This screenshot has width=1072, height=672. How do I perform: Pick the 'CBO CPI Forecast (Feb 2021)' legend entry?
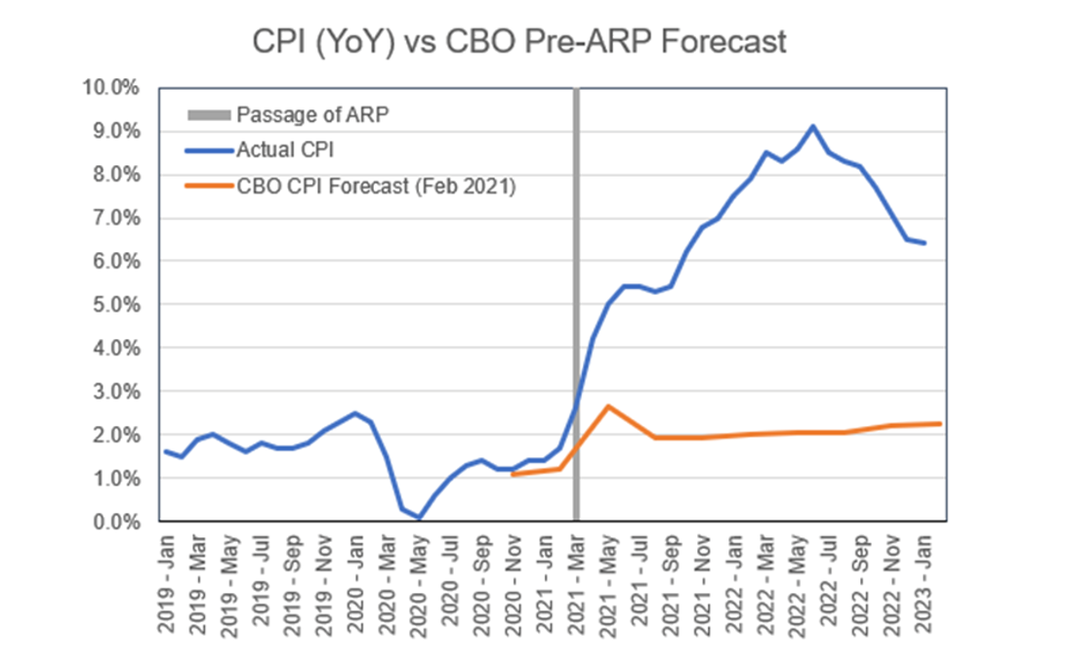pyautogui.click(x=375, y=186)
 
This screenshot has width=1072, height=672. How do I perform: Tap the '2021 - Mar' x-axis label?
pyautogui.click(x=576, y=577)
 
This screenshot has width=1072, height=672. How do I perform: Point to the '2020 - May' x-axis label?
pyautogui.click(x=419, y=577)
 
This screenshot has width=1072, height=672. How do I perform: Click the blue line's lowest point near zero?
pyautogui.click(x=419, y=518)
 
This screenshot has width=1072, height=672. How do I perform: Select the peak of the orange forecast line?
pyautogui.click(x=608, y=406)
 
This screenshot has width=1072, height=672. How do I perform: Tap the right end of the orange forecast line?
pyautogui.click(x=939, y=424)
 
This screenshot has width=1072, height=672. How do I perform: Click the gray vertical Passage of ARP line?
pyautogui.click(x=576, y=293)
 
